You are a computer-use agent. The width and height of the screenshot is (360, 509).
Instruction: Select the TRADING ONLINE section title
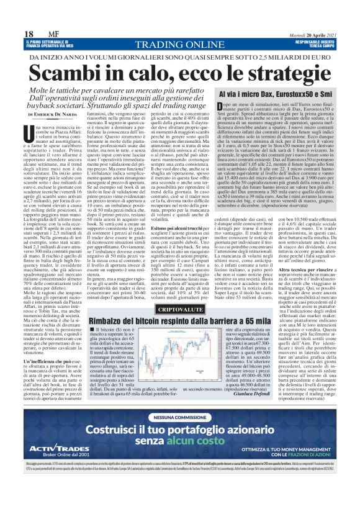[179, 44]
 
